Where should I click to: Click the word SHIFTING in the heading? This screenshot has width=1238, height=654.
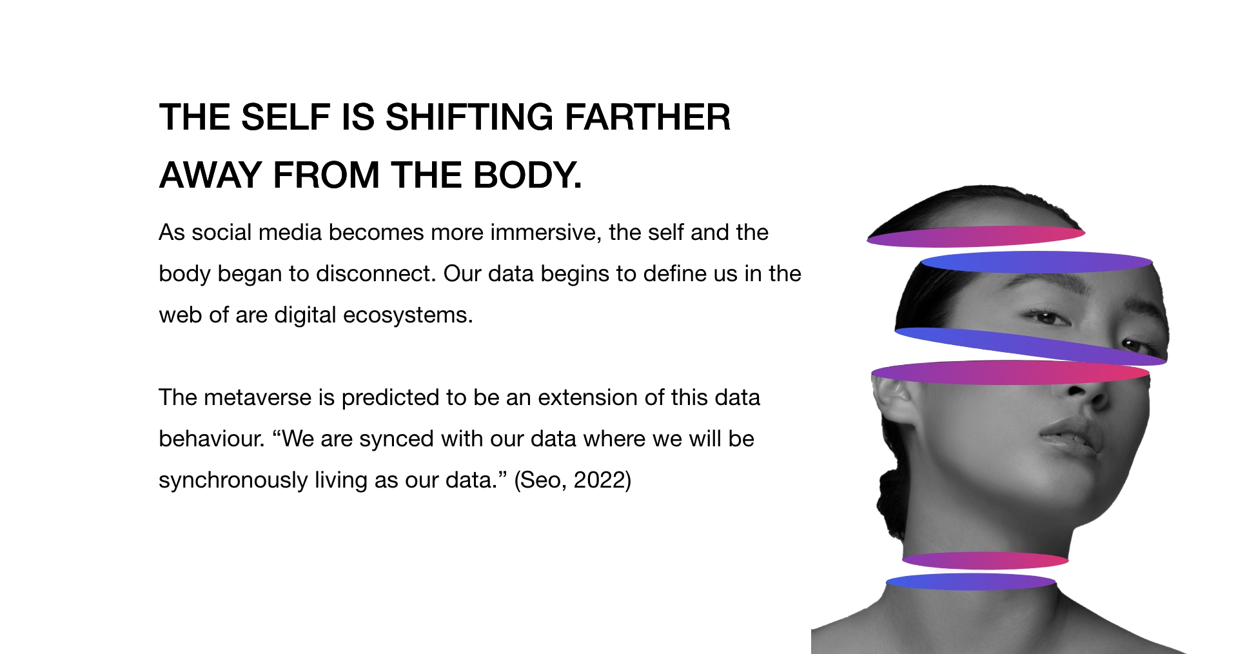coord(469,117)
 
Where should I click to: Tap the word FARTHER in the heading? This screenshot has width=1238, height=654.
coord(647,117)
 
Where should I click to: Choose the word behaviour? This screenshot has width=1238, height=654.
coord(211,439)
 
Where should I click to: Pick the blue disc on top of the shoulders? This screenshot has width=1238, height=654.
coord(971,582)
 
